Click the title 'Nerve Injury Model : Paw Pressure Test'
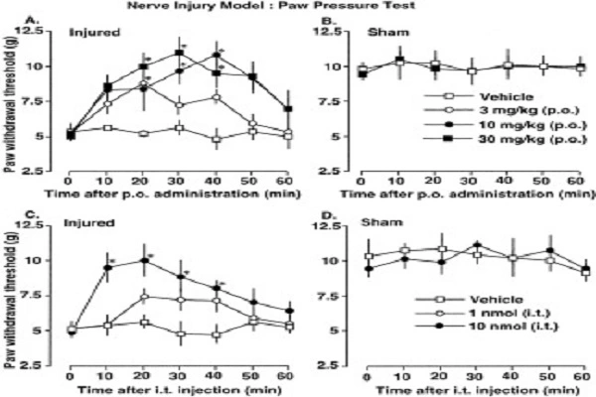298,5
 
